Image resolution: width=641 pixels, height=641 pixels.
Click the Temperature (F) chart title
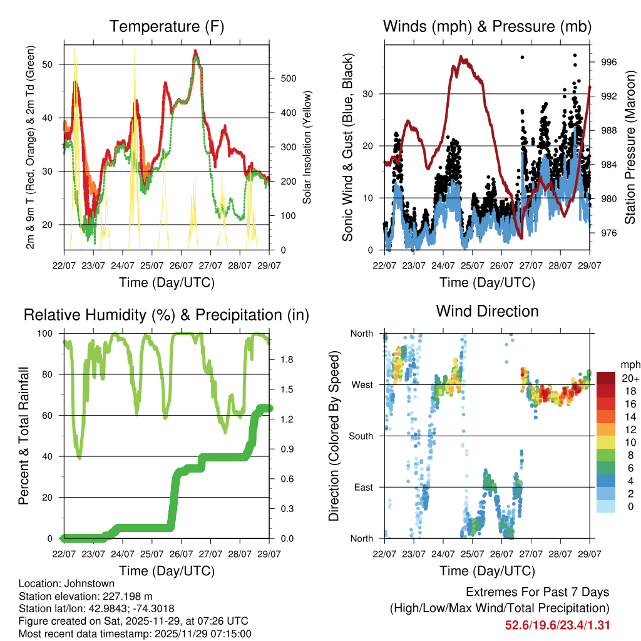167,27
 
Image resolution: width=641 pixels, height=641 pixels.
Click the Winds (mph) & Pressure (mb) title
487,27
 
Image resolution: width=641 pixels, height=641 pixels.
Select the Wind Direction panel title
487,311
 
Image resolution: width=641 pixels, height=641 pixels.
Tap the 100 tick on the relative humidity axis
51,334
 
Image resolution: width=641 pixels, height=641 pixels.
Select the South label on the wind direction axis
361,436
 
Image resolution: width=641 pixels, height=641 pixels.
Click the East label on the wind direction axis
363,487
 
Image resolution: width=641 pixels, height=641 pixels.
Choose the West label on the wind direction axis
361,385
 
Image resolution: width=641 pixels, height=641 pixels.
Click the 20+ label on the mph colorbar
629,378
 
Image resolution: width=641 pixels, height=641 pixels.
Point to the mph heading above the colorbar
629,364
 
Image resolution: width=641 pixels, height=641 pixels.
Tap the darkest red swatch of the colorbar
607,378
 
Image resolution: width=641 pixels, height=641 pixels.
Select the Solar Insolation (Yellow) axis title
307,148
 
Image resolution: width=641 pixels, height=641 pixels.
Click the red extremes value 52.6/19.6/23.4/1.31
558,625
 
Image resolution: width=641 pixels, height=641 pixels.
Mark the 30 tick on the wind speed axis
372,94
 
